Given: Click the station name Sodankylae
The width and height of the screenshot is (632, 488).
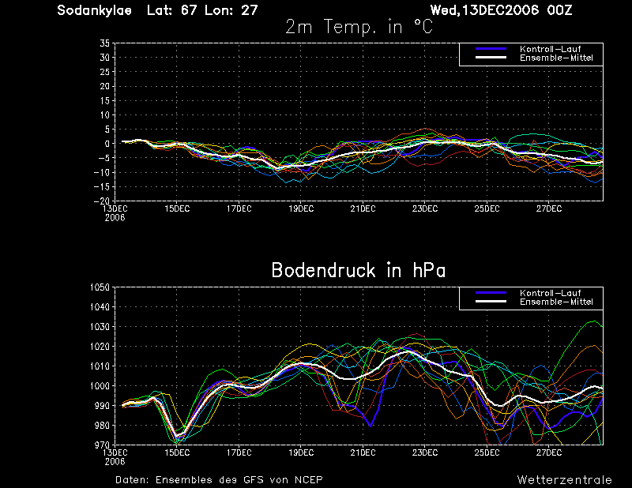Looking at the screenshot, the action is [94, 10].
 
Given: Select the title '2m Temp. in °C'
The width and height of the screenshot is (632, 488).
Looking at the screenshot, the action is [359, 27].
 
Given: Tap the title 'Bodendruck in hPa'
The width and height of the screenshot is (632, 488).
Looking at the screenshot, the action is [359, 270].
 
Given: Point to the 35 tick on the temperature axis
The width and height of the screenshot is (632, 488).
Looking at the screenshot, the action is [104, 43].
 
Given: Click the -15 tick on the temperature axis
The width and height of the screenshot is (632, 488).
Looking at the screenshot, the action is [102, 186].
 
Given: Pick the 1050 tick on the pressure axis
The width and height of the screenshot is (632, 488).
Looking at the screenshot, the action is [100, 287].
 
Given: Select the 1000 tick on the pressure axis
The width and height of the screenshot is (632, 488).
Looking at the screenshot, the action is [100, 386].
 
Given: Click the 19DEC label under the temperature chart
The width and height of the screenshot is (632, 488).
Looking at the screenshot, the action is [301, 208].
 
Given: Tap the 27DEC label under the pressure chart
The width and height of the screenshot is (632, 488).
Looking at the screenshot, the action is [549, 452].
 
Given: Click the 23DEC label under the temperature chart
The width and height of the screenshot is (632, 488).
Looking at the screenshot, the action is [425, 208].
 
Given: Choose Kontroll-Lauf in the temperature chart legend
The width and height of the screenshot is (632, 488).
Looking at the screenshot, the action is [550, 49].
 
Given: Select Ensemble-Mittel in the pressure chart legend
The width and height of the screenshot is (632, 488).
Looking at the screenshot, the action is [556, 302].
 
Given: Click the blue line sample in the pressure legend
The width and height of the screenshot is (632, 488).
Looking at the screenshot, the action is [491, 293].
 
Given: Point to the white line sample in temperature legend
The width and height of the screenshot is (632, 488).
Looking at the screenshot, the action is [491, 58].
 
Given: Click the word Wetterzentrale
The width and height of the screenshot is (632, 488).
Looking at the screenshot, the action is [565, 480].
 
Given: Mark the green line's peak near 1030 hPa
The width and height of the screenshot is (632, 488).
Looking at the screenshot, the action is [593, 321].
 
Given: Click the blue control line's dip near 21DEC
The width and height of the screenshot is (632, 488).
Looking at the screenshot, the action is [370, 426].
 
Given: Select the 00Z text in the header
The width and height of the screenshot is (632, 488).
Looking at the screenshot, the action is [559, 10].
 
